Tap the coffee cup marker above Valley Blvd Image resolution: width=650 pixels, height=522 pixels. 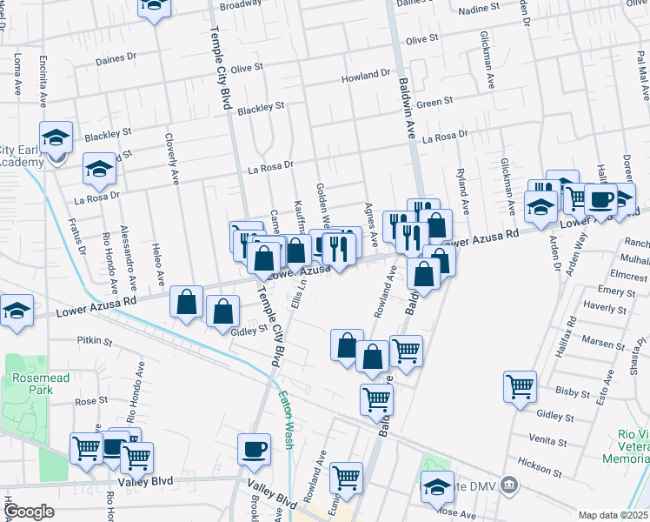254,448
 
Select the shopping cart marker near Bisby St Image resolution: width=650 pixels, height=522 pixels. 520,385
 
